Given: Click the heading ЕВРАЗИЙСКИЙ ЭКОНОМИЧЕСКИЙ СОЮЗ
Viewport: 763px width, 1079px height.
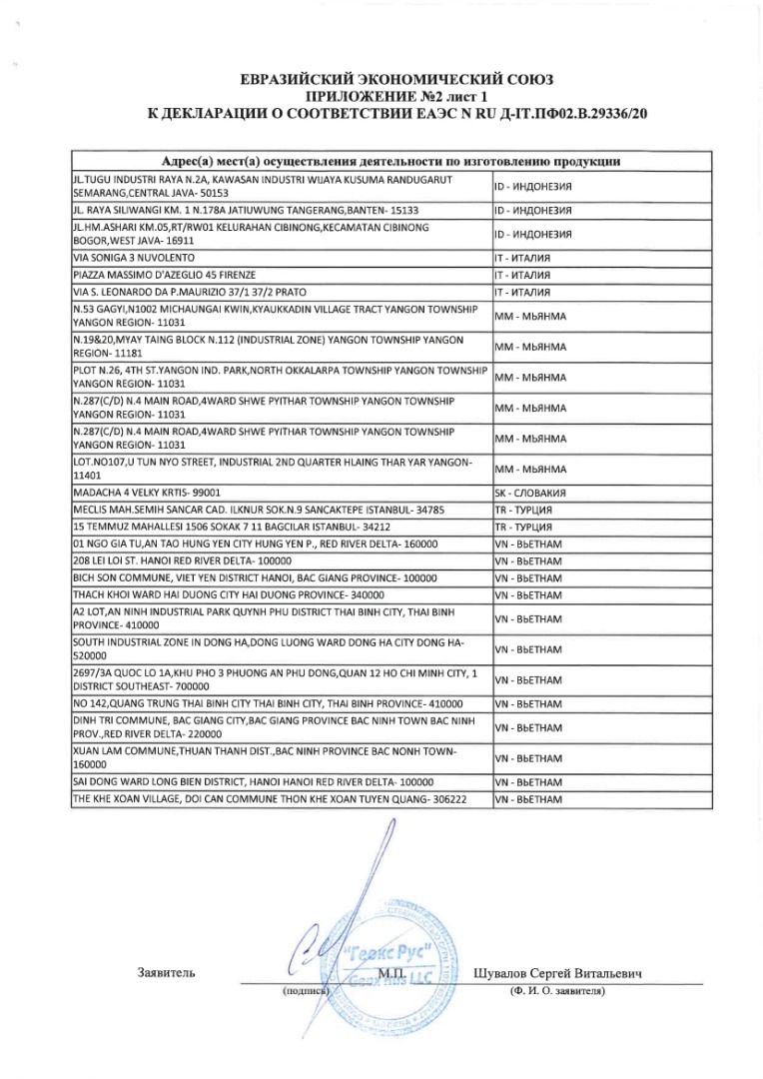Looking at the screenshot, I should [x=396, y=80].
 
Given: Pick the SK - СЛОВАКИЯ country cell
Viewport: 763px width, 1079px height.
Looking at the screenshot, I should [x=531, y=494].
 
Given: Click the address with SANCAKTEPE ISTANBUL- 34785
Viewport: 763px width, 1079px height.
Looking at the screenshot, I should [x=259, y=510].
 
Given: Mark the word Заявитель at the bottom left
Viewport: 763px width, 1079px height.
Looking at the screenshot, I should [x=166, y=972].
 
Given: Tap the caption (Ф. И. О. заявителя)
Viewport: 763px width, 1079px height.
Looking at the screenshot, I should [x=556, y=991].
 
